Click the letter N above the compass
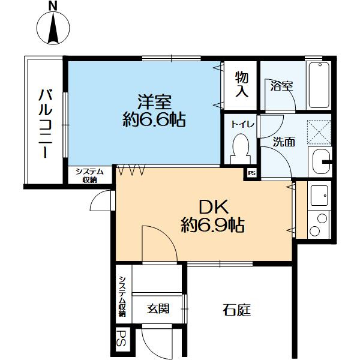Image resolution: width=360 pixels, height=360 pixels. click(x=53, y=6)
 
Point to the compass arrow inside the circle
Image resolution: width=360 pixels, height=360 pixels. click(x=53, y=29)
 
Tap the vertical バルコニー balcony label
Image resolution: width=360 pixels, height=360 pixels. click(x=44, y=123)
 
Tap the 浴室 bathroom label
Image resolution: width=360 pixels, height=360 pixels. click(x=281, y=86)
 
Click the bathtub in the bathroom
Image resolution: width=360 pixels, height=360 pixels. click(x=319, y=86)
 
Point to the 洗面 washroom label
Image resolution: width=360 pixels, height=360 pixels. click(x=284, y=142)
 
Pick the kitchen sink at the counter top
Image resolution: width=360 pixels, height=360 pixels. click(x=319, y=194)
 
